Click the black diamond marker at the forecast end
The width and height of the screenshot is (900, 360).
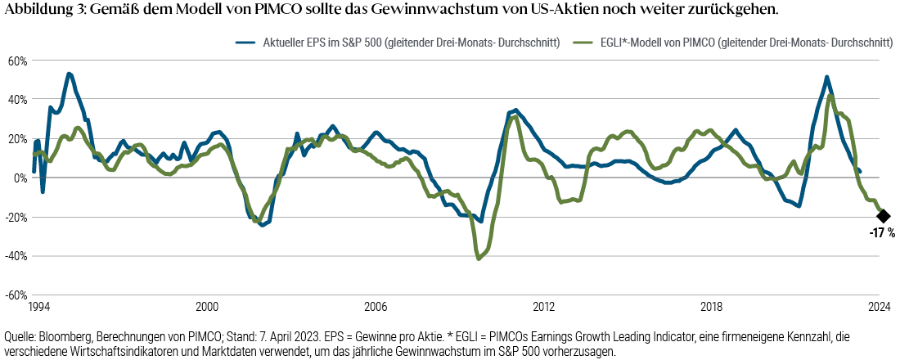[x=883, y=216]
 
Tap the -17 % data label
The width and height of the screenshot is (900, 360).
[x=882, y=233]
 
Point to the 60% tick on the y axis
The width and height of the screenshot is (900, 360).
[x=18, y=61]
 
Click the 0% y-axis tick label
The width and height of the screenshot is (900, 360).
[x=21, y=178]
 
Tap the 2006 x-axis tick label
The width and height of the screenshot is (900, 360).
[x=376, y=307]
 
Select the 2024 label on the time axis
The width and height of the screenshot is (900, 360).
[x=880, y=307]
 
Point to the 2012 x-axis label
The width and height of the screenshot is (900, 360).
[x=544, y=307]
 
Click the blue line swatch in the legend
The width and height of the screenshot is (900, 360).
[x=245, y=42]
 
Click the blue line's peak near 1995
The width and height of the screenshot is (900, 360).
[x=69, y=74]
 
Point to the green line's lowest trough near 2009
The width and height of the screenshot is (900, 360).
[x=479, y=259]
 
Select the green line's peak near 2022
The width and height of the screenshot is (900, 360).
[x=830, y=96]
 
